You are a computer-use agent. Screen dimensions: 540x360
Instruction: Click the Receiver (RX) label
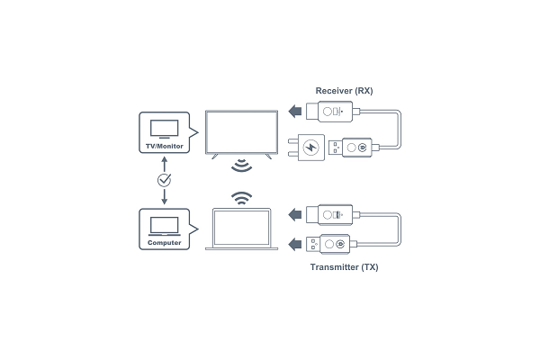344,91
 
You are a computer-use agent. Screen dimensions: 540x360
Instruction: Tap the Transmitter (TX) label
344,267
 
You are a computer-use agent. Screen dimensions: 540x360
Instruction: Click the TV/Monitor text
165,146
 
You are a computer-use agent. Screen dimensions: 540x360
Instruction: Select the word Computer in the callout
165,242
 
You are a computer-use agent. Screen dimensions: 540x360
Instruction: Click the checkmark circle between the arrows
165,180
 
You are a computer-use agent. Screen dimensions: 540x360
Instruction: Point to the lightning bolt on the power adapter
310,148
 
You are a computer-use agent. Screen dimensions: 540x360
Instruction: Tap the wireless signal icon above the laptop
241,198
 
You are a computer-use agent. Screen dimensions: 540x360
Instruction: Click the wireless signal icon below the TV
241,166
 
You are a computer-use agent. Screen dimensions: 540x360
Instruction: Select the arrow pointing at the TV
295,112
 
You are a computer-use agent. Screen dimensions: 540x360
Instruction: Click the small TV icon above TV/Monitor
165,129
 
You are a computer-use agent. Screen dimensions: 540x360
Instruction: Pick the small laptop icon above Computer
165,226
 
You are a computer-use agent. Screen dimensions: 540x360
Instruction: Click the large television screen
241,132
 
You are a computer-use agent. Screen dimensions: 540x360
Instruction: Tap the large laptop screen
241,228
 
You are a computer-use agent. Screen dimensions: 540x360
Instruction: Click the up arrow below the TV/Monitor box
165,165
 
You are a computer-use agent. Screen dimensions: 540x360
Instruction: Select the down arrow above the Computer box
165,197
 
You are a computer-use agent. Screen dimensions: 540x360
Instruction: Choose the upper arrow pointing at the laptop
295,214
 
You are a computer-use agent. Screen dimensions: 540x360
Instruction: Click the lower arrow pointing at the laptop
295,245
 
